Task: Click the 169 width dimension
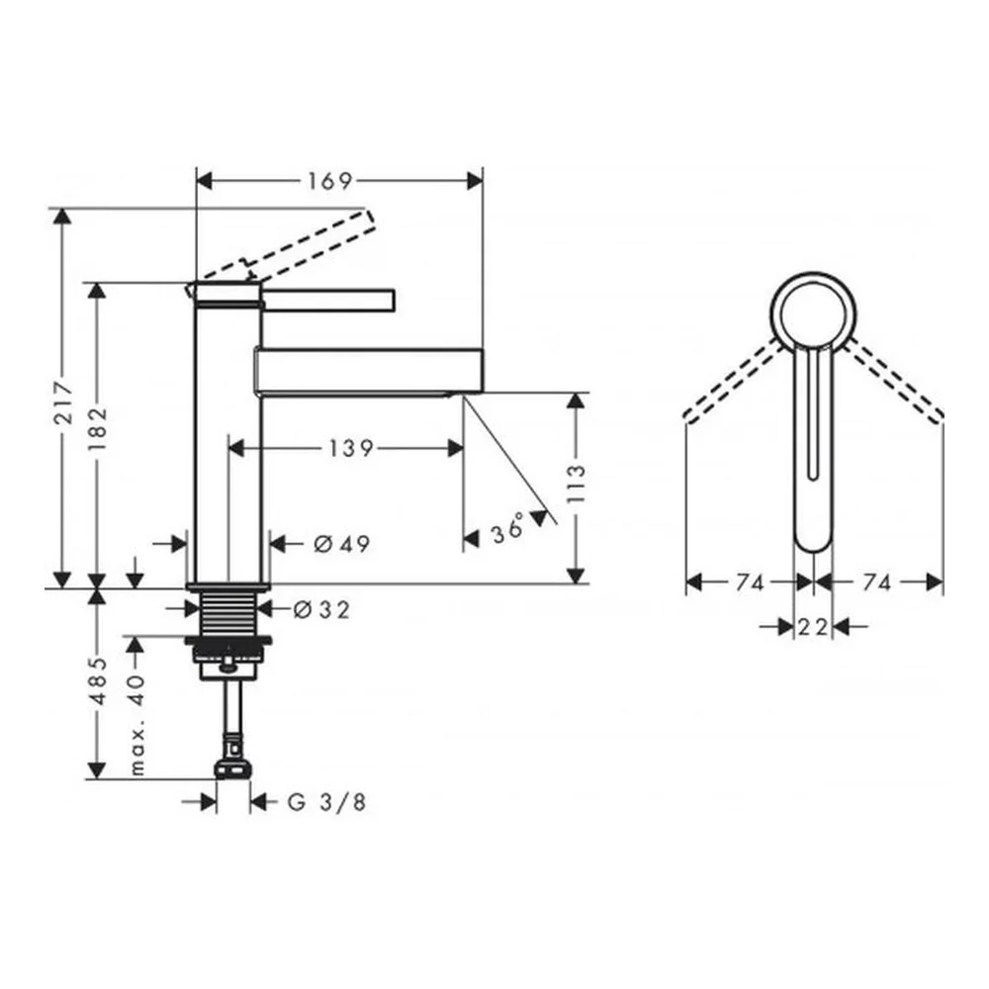pyautogui.click(x=329, y=182)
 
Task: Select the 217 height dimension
pyautogui.click(x=63, y=402)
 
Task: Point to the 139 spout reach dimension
pyautogui.click(x=351, y=448)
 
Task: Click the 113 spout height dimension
pyautogui.click(x=576, y=484)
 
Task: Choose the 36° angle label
pyautogui.click(x=508, y=527)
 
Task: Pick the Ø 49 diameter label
pyautogui.click(x=342, y=544)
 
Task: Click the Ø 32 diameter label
pyautogui.click(x=321, y=609)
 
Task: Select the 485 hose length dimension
pyautogui.click(x=98, y=681)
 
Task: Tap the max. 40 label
pyautogui.click(x=137, y=724)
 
